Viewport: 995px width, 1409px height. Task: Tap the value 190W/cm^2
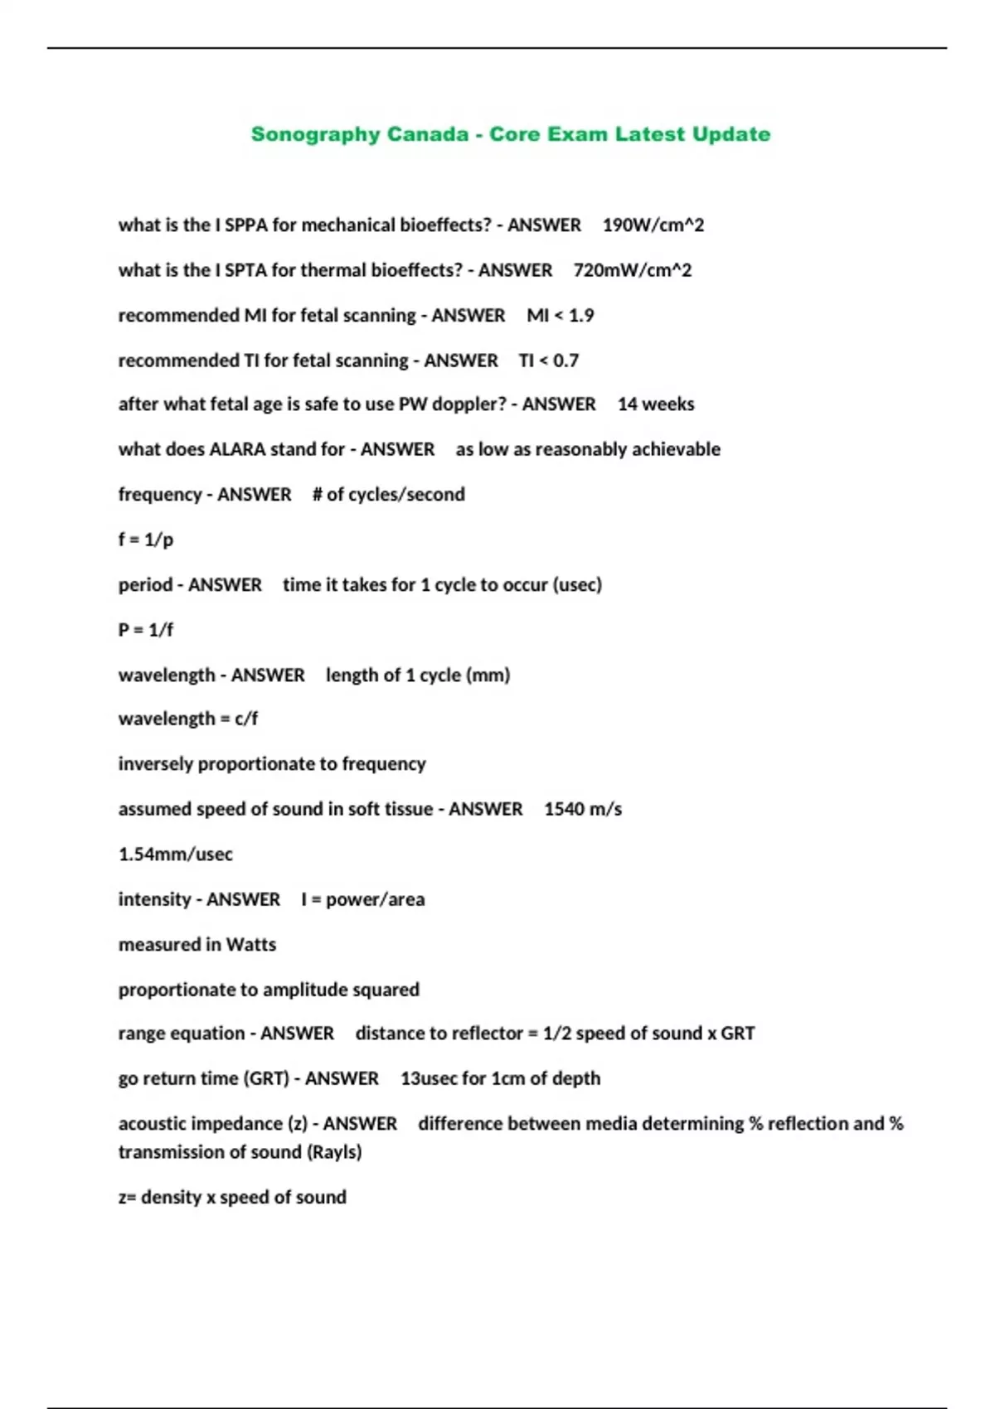[653, 225]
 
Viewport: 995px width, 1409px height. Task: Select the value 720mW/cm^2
[632, 270]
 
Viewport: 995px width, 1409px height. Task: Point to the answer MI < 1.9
[561, 316]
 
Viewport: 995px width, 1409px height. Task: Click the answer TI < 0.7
[549, 361]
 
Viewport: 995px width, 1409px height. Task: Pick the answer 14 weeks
[656, 404]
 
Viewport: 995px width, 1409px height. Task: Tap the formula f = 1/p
[146, 540]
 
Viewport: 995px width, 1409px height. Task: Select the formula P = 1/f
[146, 630]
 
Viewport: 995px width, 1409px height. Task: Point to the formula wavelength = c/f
[188, 719]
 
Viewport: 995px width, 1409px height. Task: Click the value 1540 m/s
[583, 809]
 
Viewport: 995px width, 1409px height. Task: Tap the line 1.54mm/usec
[176, 855]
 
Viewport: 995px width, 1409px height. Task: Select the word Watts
[251, 945]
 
